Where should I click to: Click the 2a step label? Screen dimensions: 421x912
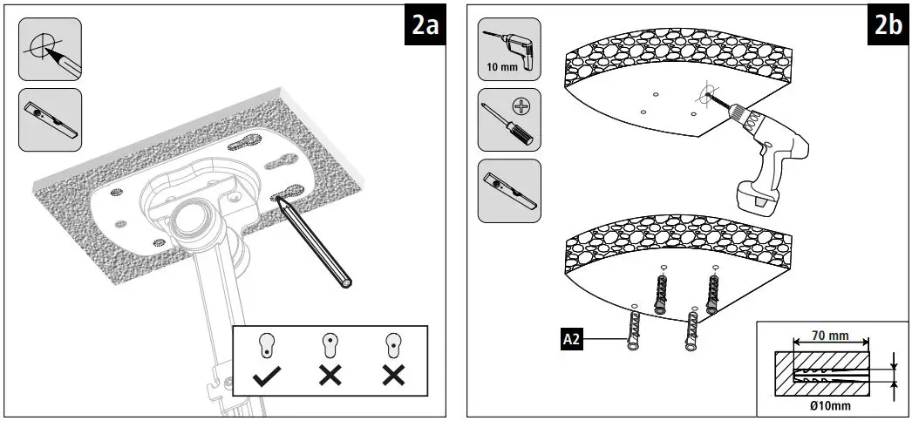(x=425, y=28)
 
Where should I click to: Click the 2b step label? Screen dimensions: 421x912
(x=888, y=28)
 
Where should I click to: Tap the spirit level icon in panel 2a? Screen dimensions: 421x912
(x=50, y=118)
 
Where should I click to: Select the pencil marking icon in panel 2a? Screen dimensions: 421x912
(x=50, y=50)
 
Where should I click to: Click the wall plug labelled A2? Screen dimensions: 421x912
(x=631, y=329)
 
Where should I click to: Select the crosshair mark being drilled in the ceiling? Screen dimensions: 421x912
(x=706, y=91)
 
